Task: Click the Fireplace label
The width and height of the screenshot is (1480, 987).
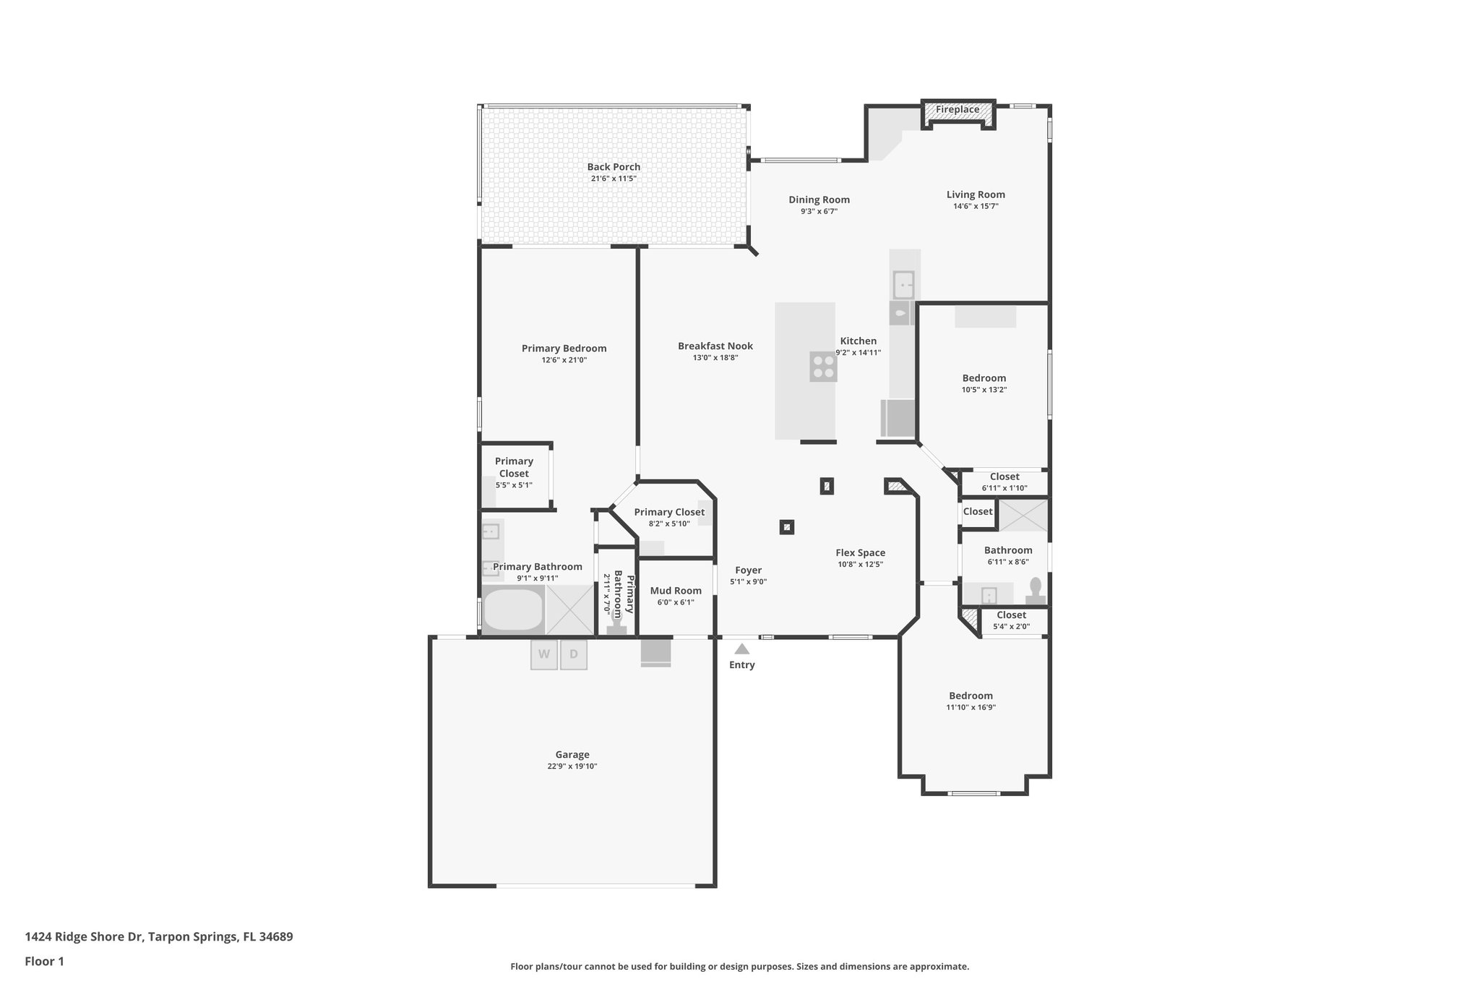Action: click(958, 110)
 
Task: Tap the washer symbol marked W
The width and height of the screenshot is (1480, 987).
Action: click(544, 655)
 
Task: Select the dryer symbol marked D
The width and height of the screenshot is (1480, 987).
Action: click(574, 655)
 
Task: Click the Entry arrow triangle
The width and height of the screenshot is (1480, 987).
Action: click(741, 649)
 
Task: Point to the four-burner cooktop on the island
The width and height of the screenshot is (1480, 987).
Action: click(823, 367)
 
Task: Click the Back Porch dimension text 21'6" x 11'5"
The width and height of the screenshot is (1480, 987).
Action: click(614, 179)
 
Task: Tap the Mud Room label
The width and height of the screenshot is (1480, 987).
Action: click(676, 591)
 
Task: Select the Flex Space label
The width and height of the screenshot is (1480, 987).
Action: click(860, 553)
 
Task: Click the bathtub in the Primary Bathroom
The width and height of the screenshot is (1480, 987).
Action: click(512, 610)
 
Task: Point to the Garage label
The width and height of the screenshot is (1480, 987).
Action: click(572, 755)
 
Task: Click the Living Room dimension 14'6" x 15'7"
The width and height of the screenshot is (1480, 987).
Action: click(976, 206)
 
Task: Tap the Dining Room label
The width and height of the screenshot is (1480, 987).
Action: click(819, 200)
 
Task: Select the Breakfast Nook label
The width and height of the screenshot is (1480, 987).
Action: click(715, 346)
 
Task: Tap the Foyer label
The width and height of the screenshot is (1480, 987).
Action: click(748, 571)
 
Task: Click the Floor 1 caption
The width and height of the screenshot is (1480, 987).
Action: click(44, 962)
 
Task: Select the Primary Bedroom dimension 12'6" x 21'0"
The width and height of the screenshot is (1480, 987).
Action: click(564, 360)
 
